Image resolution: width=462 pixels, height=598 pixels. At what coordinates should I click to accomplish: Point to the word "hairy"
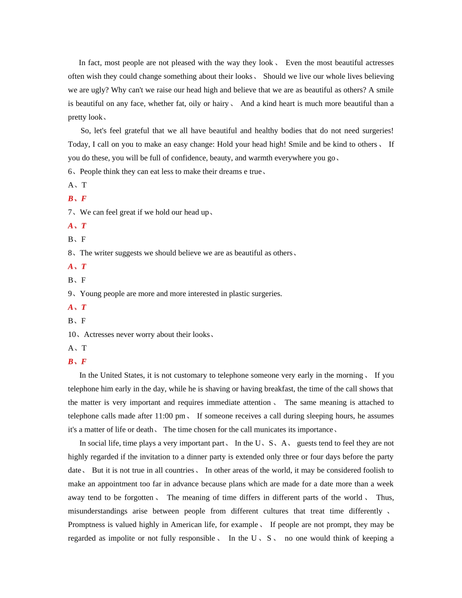pos(220,104)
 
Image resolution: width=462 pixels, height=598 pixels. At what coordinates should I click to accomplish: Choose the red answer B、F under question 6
pos(77,198)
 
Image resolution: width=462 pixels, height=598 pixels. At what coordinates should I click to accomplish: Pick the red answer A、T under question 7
pos(77,226)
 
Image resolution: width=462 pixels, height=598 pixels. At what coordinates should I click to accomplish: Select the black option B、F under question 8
pos(77,280)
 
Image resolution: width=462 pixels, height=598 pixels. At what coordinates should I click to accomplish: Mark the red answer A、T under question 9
pos(77,307)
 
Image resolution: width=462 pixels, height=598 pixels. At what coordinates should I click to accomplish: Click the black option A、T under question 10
pos(77,348)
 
